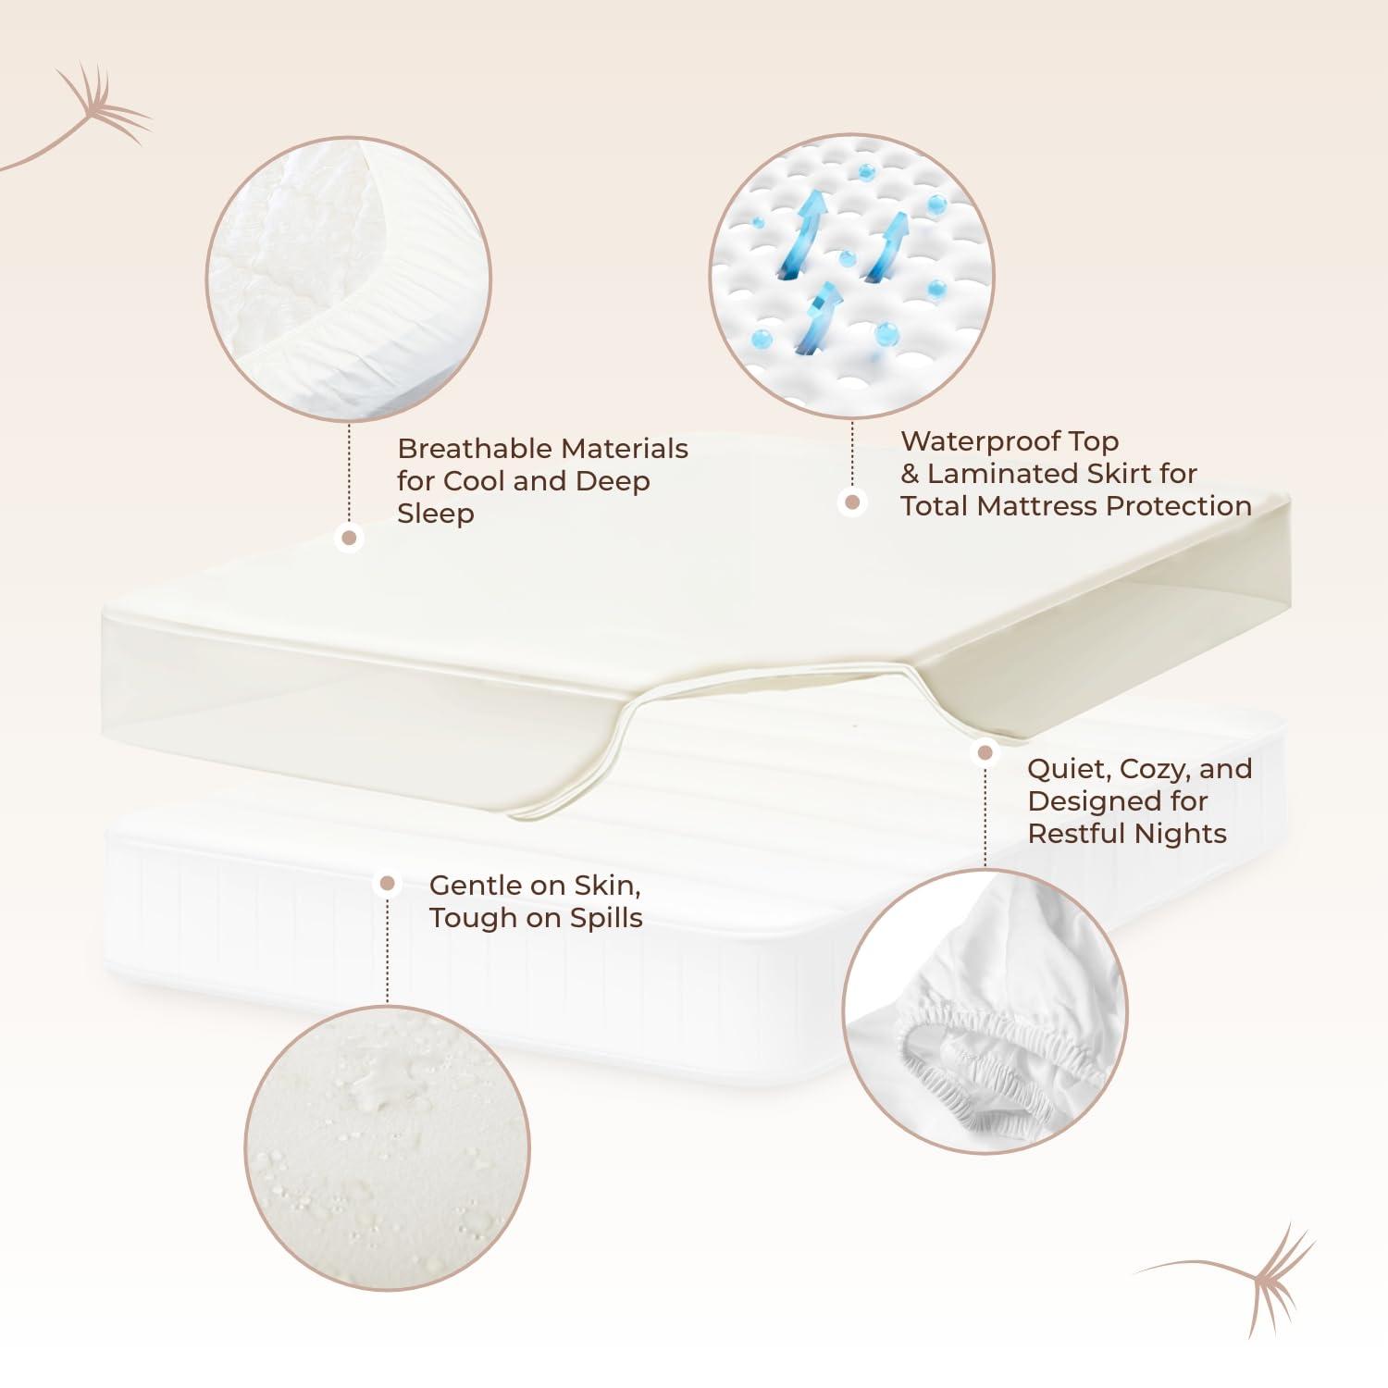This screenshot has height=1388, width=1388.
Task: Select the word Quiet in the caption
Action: tap(1067, 769)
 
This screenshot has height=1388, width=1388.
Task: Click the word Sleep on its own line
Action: tap(435, 514)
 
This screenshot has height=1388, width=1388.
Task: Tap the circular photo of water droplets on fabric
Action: tap(388, 1148)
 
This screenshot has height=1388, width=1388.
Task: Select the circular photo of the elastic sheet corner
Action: tap(985, 1011)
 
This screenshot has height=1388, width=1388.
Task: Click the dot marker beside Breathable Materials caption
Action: tap(349, 538)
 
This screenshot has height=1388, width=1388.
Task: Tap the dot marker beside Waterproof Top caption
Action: tap(852, 502)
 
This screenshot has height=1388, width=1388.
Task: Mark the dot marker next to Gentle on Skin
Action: tap(388, 884)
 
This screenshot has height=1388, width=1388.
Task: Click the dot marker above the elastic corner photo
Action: tap(985, 753)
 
